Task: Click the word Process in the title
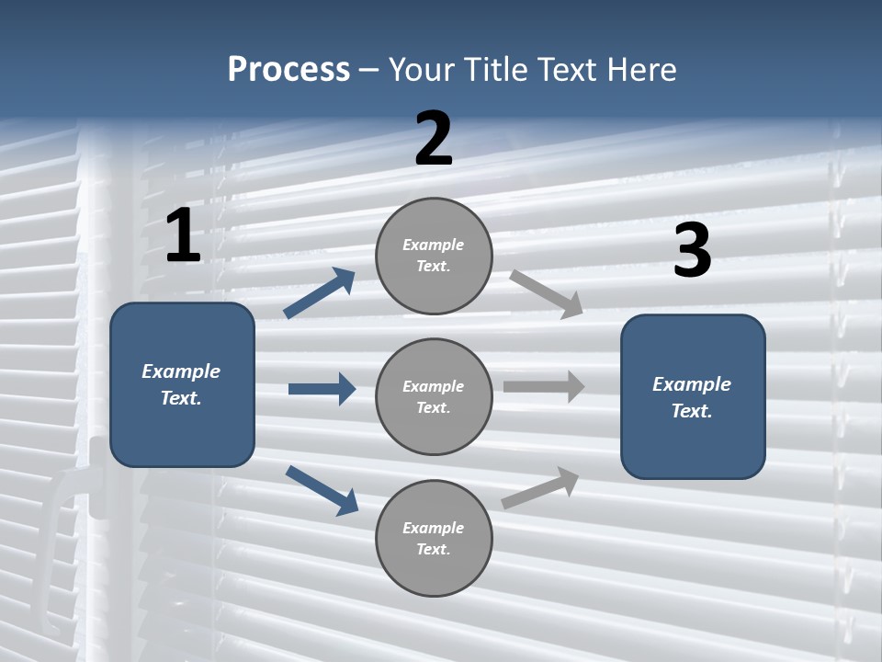[x=288, y=70]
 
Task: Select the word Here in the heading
[x=641, y=70]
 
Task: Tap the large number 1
[x=183, y=235]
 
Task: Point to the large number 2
[x=434, y=139]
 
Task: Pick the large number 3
[x=692, y=251]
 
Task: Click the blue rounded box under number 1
[x=182, y=384]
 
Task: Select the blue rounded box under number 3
[x=693, y=396]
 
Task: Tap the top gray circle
[x=434, y=256]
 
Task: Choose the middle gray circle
[x=434, y=396]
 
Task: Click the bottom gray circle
[x=434, y=538]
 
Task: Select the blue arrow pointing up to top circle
[x=320, y=293]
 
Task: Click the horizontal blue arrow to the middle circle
[x=322, y=389]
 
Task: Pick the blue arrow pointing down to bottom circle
[x=322, y=489]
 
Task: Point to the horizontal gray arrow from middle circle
[x=544, y=386]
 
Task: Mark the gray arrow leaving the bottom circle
[x=540, y=488]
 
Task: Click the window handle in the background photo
[x=73, y=496]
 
